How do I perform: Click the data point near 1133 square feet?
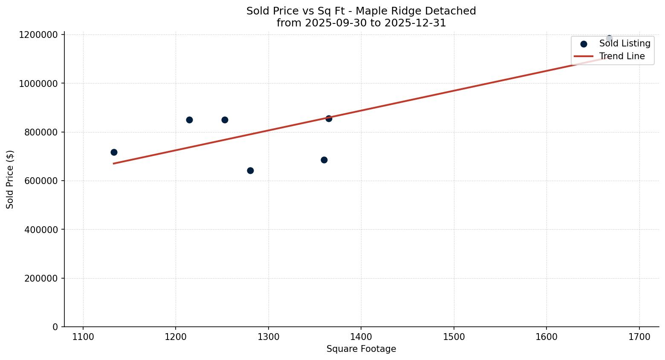[x=114, y=152]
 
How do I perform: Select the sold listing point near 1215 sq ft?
[x=189, y=120]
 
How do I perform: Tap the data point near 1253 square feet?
[x=225, y=120]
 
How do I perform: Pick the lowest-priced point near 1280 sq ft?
[x=250, y=170]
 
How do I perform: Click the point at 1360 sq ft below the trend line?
[x=324, y=160]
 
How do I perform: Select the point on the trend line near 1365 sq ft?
[x=329, y=118]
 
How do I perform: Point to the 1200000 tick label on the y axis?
[x=38, y=35]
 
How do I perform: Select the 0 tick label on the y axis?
[x=55, y=327]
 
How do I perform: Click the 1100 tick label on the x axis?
[x=83, y=337]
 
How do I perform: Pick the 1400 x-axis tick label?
[x=361, y=337]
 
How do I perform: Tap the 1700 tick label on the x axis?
[x=639, y=337]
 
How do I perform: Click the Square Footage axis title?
[x=361, y=349]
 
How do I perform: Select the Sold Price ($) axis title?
[x=10, y=179]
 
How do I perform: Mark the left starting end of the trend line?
[x=114, y=163]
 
